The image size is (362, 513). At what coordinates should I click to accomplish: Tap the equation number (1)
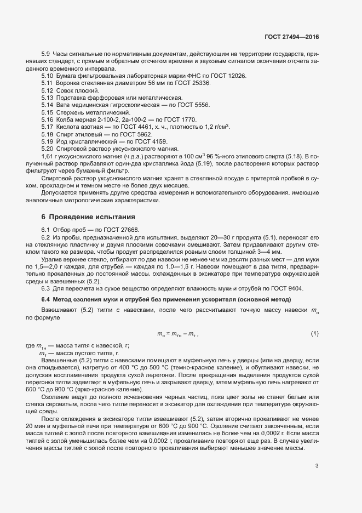coord(315,334)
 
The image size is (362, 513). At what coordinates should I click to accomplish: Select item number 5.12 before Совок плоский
coord(47,90)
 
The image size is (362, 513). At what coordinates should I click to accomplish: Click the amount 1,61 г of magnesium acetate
coord(49,156)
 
